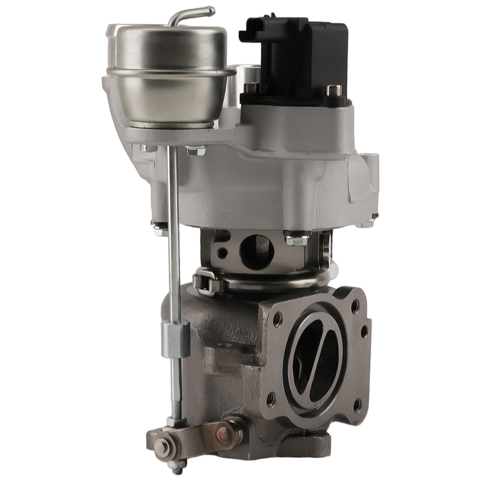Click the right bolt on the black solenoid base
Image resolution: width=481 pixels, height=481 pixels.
[333, 90]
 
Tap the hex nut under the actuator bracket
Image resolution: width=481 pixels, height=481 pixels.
[195, 151]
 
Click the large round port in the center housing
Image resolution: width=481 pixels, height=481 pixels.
[256, 251]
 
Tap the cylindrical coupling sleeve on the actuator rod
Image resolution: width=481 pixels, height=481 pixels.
[175, 339]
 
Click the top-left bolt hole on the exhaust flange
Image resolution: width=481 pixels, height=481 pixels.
[278, 318]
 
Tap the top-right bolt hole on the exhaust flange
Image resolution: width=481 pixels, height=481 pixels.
[354, 304]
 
